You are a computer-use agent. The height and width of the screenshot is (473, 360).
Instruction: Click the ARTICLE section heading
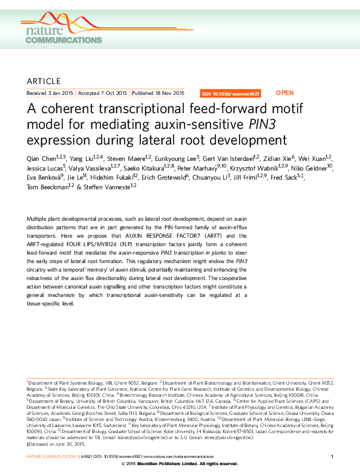click(44, 81)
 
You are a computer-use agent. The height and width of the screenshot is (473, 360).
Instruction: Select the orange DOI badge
click(230, 94)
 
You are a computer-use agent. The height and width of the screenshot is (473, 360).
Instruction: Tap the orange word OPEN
click(284, 93)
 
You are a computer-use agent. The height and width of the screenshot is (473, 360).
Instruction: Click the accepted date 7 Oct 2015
click(114, 94)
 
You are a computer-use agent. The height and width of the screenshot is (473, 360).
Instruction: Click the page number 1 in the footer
click(332, 455)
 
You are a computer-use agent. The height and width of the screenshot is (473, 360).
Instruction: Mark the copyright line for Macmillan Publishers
click(180, 463)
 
